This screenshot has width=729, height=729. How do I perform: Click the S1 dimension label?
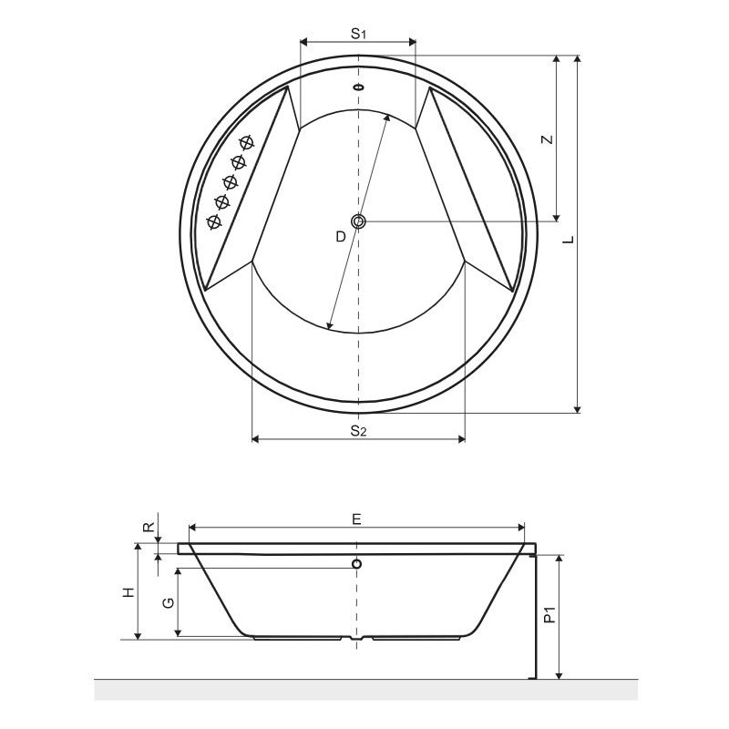[358, 34]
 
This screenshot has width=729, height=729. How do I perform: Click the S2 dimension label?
[358, 431]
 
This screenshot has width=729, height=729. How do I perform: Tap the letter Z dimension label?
[549, 139]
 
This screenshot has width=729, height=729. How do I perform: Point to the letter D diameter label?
[341, 237]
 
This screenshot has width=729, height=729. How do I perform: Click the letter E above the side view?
[356, 519]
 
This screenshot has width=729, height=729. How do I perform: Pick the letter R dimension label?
[149, 527]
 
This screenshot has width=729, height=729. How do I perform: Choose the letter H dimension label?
[128, 592]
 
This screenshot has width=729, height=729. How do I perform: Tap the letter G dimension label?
[169, 602]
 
